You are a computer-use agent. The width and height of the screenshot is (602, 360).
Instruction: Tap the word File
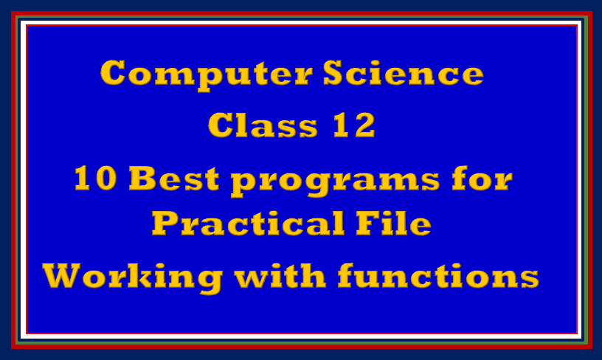(x=392, y=224)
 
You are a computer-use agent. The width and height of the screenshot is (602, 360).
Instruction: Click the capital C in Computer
(x=114, y=73)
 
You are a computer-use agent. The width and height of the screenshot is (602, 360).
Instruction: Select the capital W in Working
(x=63, y=277)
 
